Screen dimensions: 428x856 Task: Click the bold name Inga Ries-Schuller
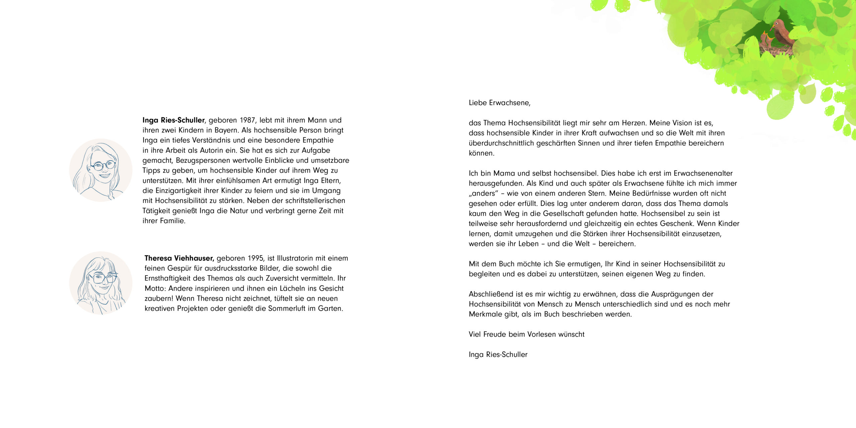pos(173,120)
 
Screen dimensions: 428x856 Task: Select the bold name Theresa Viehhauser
pos(179,258)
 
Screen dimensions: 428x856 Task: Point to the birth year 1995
pos(256,258)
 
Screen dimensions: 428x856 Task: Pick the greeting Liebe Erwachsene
pos(499,103)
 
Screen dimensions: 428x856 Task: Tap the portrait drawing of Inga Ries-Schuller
pos(101,170)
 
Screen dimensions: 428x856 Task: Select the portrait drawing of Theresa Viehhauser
pos(101,283)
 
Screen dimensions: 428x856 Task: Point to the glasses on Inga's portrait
pos(103,165)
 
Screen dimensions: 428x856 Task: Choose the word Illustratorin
pos(295,258)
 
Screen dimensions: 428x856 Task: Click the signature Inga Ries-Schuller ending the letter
pos(498,355)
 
